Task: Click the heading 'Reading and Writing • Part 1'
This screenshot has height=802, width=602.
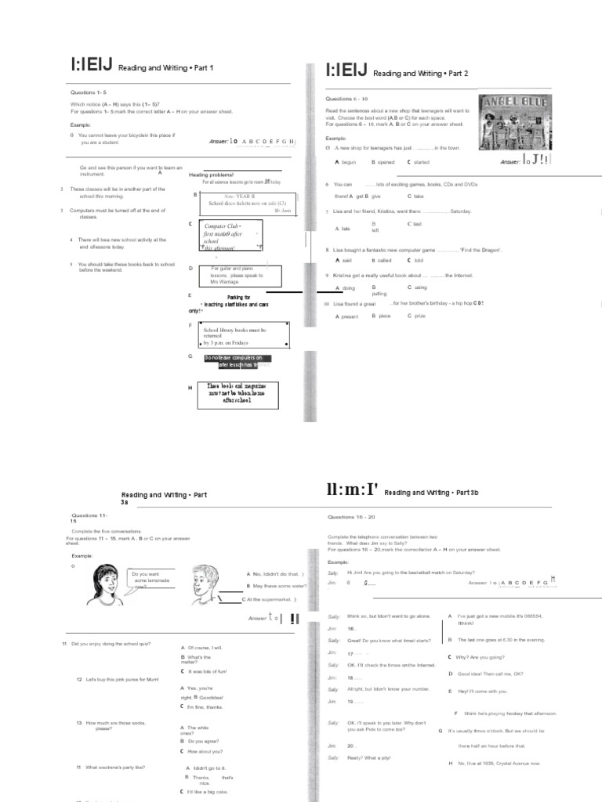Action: click(165, 69)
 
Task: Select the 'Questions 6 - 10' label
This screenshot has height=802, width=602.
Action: click(350, 99)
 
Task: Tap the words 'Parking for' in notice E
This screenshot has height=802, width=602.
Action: click(238, 298)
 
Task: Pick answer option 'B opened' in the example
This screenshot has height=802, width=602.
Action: click(383, 162)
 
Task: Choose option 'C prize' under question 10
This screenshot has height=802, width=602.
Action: click(416, 316)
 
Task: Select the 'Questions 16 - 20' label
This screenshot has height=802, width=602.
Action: click(351, 518)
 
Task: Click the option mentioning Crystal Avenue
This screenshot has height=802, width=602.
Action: click(494, 763)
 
